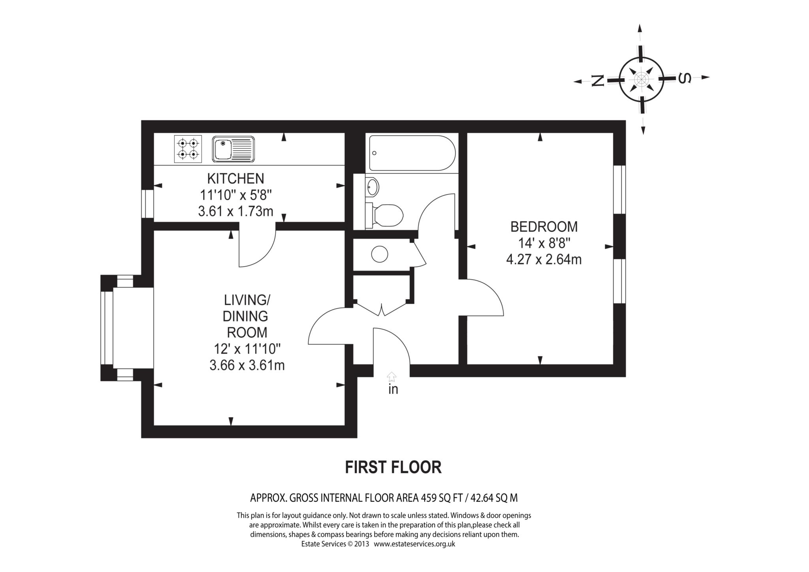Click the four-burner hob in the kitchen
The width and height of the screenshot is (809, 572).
pyautogui.click(x=188, y=149)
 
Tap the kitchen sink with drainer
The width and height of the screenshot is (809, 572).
pyautogui.click(x=233, y=149)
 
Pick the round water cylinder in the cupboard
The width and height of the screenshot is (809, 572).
pyautogui.click(x=380, y=254)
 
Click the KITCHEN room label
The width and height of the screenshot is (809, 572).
pyautogui.click(x=235, y=179)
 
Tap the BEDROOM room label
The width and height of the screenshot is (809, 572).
pyautogui.click(x=544, y=227)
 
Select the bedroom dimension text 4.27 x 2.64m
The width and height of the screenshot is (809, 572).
pyautogui.click(x=544, y=260)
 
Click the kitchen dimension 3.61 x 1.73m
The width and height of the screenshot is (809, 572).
pyautogui.click(x=235, y=211)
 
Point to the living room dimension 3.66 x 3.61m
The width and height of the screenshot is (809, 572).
pyautogui.click(x=247, y=365)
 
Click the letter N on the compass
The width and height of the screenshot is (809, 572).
pyautogui.click(x=598, y=81)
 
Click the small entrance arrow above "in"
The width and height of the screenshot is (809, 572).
pyautogui.click(x=391, y=376)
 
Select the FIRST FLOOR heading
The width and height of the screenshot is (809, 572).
pyautogui.click(x=393, y=467)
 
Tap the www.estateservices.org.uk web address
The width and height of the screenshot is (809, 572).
pyautogui.click(x=414, y=544)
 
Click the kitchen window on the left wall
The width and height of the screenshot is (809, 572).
pyautogui.click(x=147, y=203)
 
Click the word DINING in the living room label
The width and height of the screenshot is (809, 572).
pyautogui.click(x=245, y=316)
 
